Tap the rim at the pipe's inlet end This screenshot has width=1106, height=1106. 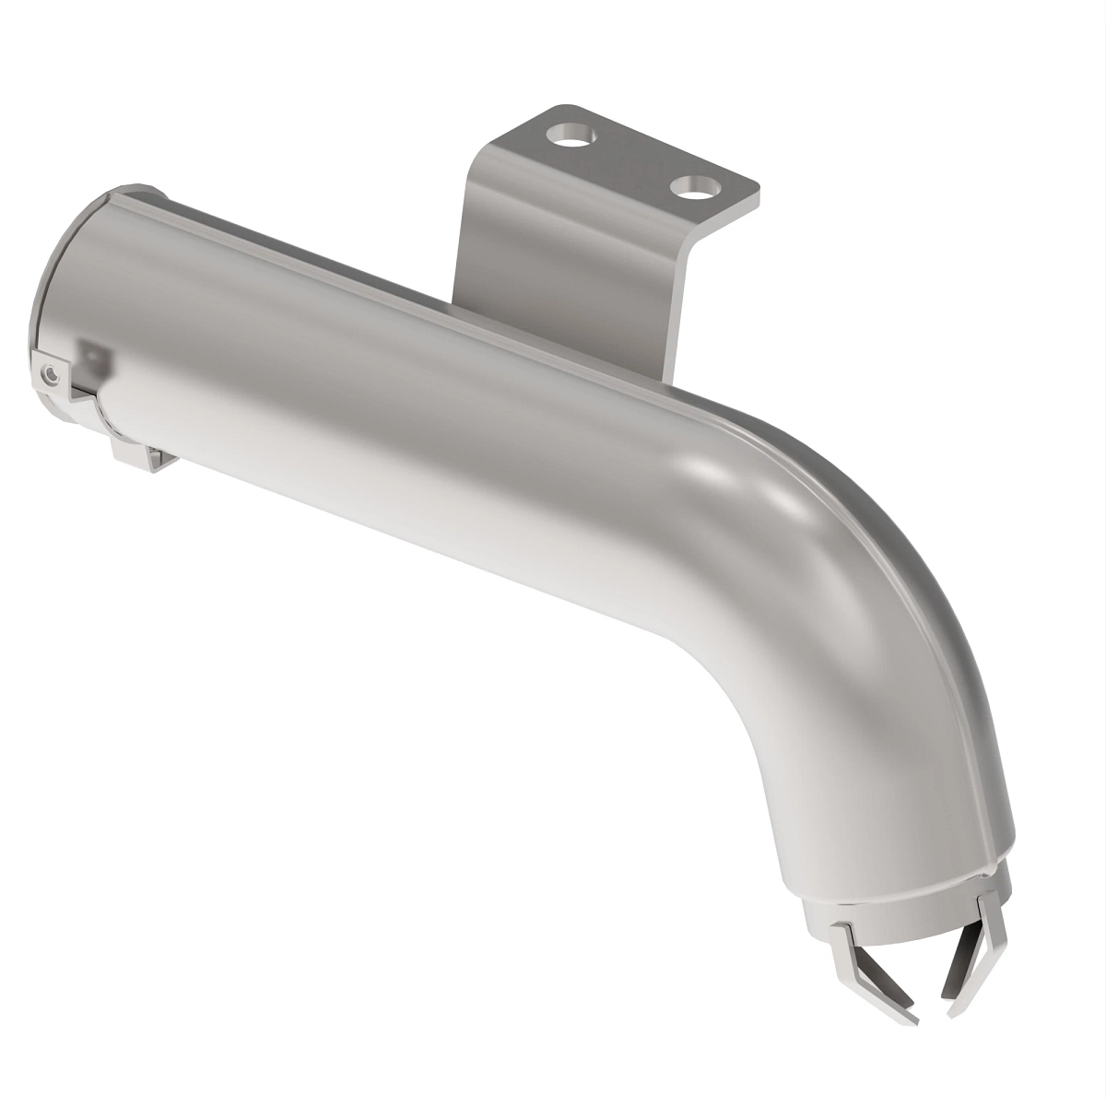tap(55, 276)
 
